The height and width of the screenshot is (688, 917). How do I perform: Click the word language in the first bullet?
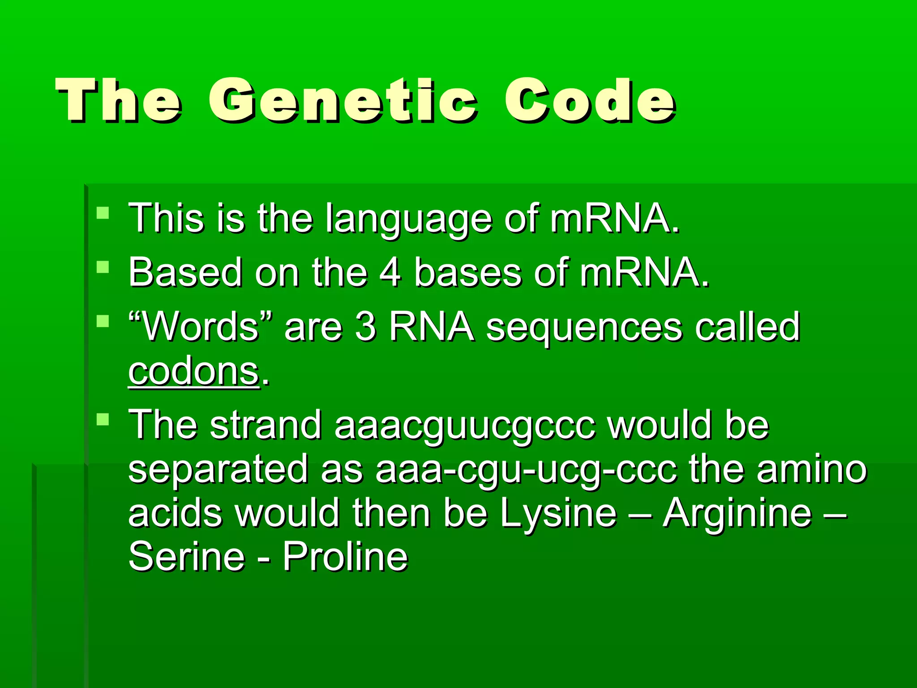point(408,219)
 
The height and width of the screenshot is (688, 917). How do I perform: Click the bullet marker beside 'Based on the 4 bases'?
point(103,267)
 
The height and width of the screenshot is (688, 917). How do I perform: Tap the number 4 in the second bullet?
point(390,272)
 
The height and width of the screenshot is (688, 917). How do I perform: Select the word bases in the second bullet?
point(467,272)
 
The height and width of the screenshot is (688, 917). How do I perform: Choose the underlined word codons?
point(193,372)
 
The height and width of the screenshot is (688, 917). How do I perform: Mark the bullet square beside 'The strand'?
point(103,420)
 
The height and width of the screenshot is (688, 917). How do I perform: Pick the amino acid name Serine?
point(187,556)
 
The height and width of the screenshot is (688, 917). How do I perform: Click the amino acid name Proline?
point(345,556)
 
